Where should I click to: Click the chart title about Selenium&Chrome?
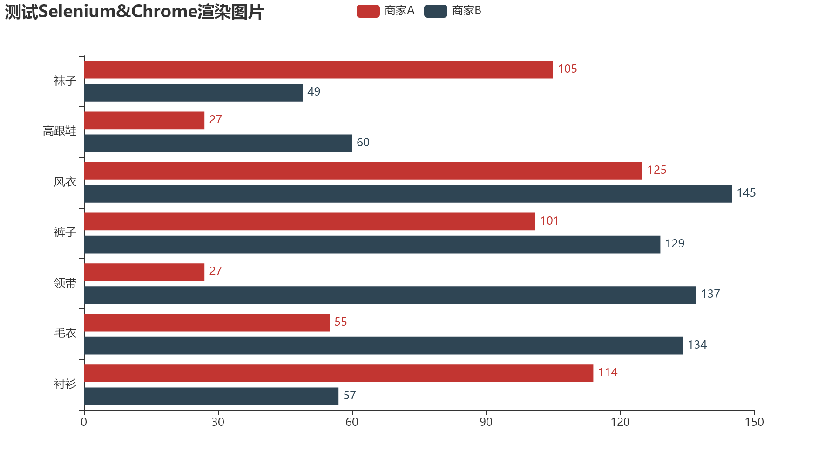pyautogui.click(x=134, y=12)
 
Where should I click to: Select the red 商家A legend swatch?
pyautogui.click(x=368, y=11)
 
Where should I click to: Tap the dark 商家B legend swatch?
pyautogui.click(x=436, y=11)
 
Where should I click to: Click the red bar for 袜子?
pyautogui.click(x=318, y=69)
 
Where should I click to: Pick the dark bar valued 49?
pyautogui.click(x=193, y=92)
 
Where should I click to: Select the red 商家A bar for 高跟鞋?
pyautogui.click(x=144, y=120)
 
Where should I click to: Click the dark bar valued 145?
pyautogui.click(x=408, y=194)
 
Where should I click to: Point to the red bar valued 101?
pyautogui.click(x=310, y=221)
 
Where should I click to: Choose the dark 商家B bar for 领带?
pyautogui.click(x=390, y=295)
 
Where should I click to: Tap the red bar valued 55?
pyautogui.click(x=207, y=322)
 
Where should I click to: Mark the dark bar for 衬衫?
pyautogui.click(x=211, y=396)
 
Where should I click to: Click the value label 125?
pyautogui.click(x=657, y=170)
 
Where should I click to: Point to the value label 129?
pyautogui.click(x=675, y=244)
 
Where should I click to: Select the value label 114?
pyautogui.click(x=608, y=372)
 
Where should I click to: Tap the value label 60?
pyautogui.click(x=363, y=143)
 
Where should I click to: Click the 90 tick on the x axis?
pyautogui.click(x=486, y=422)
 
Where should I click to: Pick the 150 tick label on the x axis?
pyautogui.click(x=754, y=422)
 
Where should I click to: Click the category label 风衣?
pyautogui.click(x=65, y=182)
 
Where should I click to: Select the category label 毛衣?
pyautogui.click(x=65, y=333)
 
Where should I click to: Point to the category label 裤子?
pyautogui.click(x=65, y=233)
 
